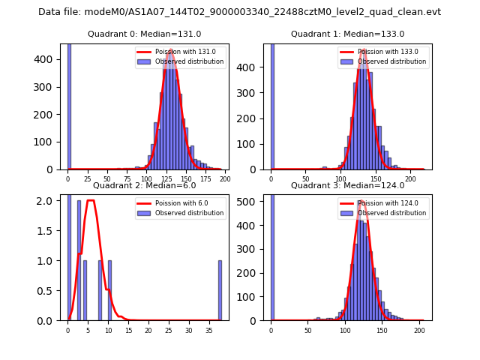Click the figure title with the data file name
click(x=239, y=12)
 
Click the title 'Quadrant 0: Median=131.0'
click(x=145, y=34)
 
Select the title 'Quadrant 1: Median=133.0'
click(x=347, y=34)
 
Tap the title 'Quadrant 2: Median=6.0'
click(x=145, y=185)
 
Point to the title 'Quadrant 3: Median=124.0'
click(x=347, y=185)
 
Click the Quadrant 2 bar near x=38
click(x=220, y=291)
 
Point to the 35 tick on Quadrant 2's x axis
click(x=208, y=329)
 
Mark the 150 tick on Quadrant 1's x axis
click(x=376, y=178)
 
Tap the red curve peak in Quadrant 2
click(x=91, y=200)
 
